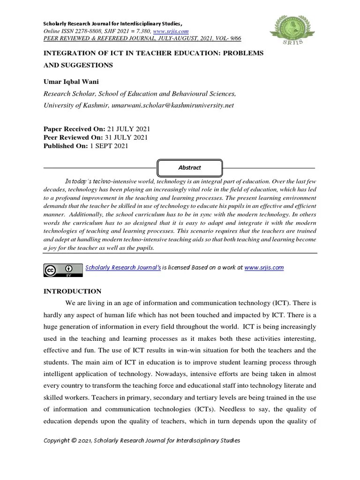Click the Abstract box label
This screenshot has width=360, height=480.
189,167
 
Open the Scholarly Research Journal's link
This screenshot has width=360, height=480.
123,268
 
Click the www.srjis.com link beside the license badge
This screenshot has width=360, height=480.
264,268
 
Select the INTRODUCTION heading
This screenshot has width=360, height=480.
72,291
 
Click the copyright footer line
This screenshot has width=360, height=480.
142,441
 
